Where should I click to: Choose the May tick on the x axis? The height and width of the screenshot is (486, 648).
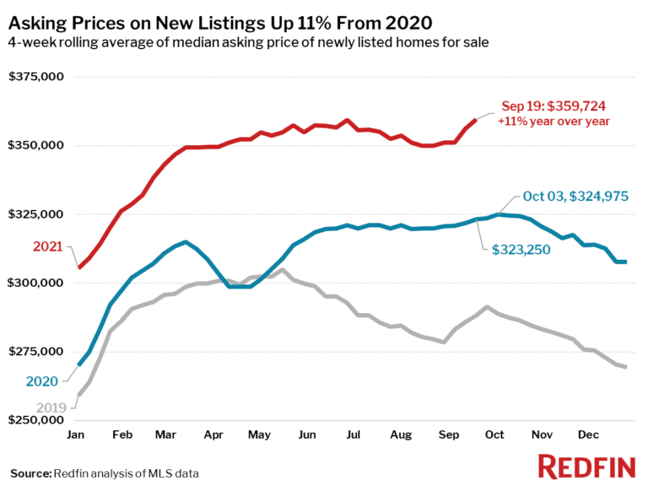pyautogui.click(x=258, y=435)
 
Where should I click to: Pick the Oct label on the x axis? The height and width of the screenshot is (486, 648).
pyautogui.click(x=494, y=435)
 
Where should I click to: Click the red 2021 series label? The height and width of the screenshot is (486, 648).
pyautogui.click(x=48, y=246)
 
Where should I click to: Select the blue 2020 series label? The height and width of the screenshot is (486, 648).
pyautogui.click(x=42, y=381)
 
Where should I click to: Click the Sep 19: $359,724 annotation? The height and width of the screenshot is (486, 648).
pyautogui.click(x=553, y=106)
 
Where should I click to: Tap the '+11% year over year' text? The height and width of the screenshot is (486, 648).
pyautogui.click(x=553, y=121)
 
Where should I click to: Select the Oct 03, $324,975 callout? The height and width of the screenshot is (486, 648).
pyautogui.click(x=575, y=197)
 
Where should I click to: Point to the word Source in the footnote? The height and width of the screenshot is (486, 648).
pyautogui.click(x=30, y=472)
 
